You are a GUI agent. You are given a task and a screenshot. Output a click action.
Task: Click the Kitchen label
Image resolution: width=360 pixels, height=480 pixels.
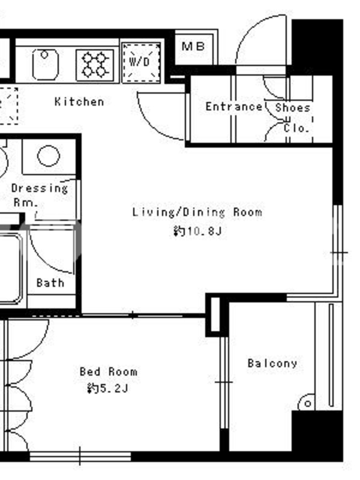pyautogui.click(x=79, y=101)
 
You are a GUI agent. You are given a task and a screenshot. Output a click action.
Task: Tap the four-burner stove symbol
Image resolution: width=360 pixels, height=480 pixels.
pyautogui.click(x=95, y=65)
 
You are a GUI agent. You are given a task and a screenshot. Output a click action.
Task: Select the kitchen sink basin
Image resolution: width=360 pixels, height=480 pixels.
pyautogui.click(x=46, y=65)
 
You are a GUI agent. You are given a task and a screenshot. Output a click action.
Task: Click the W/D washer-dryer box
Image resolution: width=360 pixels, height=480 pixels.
pyautogui.click(x=141, y=63)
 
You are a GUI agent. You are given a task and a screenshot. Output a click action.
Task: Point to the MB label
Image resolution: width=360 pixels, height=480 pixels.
pyautogui.click(x=193, y=47)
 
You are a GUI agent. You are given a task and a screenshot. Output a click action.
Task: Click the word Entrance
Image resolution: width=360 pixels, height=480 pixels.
pyautogui.click(x=234, y=107)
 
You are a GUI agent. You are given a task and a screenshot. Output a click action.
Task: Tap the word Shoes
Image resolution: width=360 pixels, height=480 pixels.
pyautogui.click(x=293, y=108)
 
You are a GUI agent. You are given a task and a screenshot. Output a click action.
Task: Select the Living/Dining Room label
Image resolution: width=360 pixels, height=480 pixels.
pyautogui.click(x=197, y=212)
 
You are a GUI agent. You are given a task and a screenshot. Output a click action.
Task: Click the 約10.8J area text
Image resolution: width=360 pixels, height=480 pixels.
pyautogui.click(x=197, y=231)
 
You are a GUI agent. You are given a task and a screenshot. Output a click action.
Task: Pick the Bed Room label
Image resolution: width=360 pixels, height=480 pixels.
pyautogui.click(x=109, y=371)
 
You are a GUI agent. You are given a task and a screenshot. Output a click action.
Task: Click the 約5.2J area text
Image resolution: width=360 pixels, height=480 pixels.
pyautogui.click(x=107, y=388)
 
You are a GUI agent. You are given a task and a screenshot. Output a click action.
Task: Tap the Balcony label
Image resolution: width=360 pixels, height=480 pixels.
pyautogui.click(x=272, y=364)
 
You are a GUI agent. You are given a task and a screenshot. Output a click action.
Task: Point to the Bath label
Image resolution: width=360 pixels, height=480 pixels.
pyautogui.click(x=50, y=283)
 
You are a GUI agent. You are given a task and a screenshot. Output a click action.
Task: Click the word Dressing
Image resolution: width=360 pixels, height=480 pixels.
pyautogui.click(x=40, y=188)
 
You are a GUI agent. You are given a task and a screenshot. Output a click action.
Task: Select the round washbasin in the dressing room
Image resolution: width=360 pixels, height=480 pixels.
pyautogui.click(x=49, y=156)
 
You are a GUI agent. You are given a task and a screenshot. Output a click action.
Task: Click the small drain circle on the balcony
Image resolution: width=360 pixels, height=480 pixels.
pyautogui.click(x=308, y=404)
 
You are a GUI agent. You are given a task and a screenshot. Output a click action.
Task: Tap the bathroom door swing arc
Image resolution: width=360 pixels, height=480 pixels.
pyautogui.click(x=43, y=261)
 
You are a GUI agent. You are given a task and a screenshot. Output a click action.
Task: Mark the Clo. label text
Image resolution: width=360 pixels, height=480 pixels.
pyautogui.click(x=296, y=128)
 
